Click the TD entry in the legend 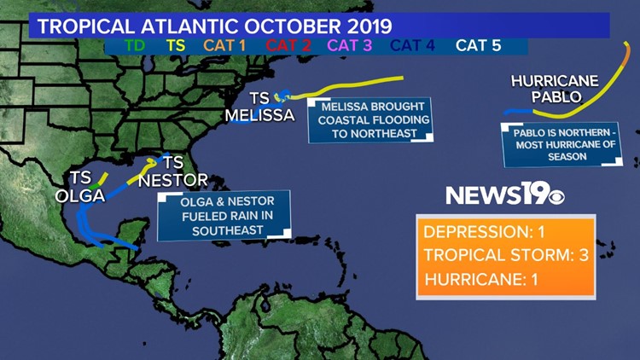coord(134,44)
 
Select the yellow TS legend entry coord(176,44)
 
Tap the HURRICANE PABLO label coord(545,89)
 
